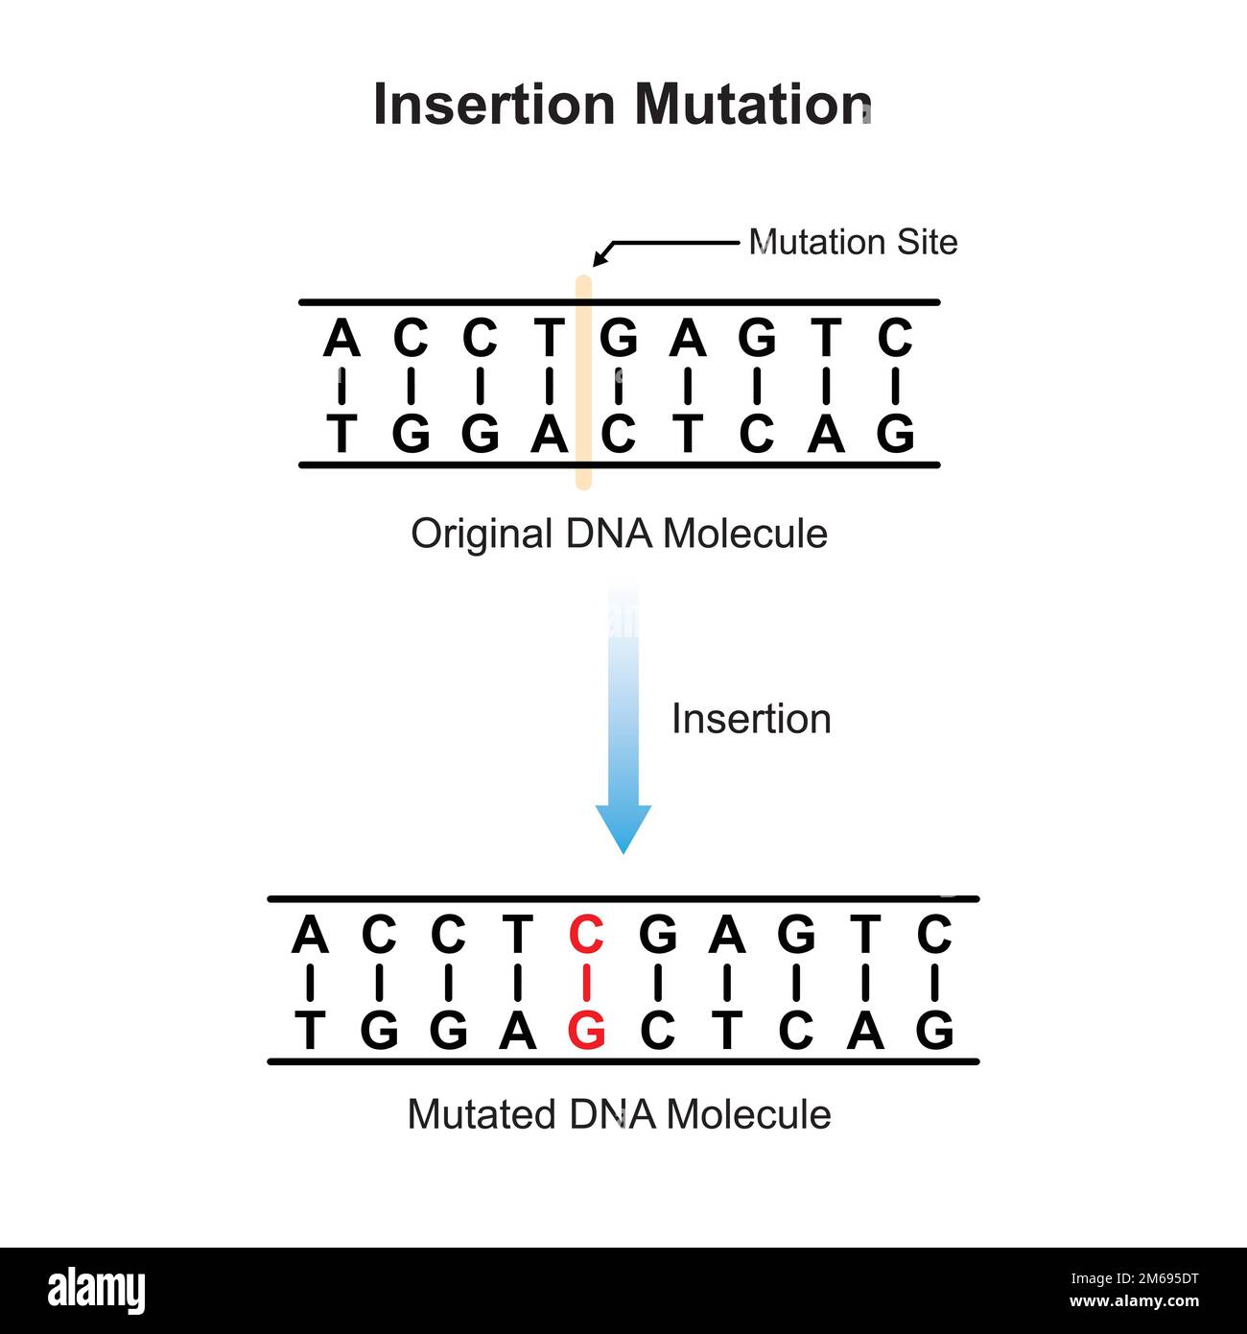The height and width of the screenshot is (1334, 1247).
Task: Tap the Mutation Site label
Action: [853, 242]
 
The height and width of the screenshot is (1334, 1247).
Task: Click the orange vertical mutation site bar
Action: [583, 384]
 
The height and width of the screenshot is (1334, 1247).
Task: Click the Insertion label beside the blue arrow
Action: [751, 719]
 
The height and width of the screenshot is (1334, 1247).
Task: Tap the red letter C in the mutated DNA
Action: [586, 934]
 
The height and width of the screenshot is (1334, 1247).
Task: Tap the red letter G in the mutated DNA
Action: [586, 1031]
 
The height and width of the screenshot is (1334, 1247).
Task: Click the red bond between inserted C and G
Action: [586, 983]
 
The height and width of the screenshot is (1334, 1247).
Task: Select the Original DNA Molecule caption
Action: [619, 534]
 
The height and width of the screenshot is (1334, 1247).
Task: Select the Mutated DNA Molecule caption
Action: [619, 1115]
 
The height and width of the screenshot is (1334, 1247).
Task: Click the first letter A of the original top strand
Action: [341, 339]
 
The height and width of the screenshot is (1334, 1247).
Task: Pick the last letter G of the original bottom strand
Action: [895, 434]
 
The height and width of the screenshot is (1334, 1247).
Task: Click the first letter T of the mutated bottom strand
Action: [309, 1031]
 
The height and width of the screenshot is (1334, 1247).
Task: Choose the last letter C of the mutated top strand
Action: [934, 934]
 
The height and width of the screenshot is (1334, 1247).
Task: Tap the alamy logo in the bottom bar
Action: [96, 1291]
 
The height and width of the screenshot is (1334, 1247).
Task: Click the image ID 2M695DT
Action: [1159, 1278]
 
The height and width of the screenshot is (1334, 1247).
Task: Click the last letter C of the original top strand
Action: [895, 339]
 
